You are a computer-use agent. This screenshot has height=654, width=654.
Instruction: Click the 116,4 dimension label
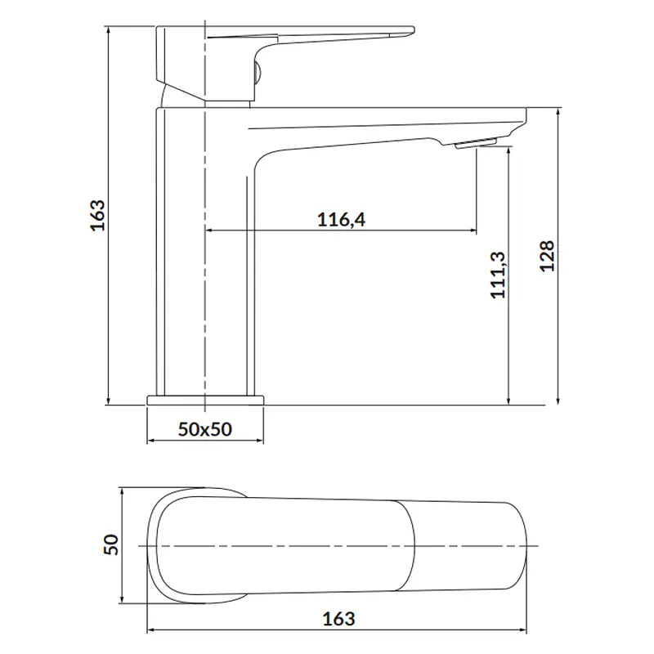pyautogui.click(x=341, y=219)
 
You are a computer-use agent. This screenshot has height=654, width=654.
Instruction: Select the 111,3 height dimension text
pyautogui.click(x=498, y=275)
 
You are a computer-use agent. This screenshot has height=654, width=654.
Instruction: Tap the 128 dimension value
pyautogui.click(x=547, y=256)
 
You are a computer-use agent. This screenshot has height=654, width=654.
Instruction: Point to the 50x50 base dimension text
pyautogui.click(x=205, y=429)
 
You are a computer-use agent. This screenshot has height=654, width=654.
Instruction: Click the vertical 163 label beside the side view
pyautogui.click(x=97, y=215)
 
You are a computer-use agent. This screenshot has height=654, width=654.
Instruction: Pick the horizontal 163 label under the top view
pyautogui.click(x=338, y=619)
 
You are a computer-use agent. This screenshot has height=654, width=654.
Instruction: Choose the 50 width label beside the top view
pyautogui.click(x=110, y=544)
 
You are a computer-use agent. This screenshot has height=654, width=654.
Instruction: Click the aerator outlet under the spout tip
pyautogui.click(x=475, y=144)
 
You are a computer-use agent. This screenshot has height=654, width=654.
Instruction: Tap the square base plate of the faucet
pyautogui.click(x=206, y=400)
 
